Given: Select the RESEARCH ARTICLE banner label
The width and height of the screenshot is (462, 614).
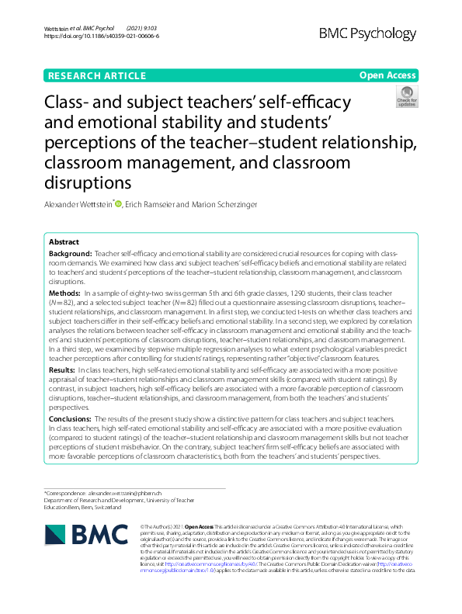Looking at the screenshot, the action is click(97, 76).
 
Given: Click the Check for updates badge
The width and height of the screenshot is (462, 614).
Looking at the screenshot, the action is click(406, 97).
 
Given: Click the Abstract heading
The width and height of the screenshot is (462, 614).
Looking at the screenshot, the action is click(64, 242).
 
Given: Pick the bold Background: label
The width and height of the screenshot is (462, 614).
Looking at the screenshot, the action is click(70, 255).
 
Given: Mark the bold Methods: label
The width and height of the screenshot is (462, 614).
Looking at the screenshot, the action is click(66, 293).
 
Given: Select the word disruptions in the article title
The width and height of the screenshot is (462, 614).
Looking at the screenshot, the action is click(89, 182).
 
